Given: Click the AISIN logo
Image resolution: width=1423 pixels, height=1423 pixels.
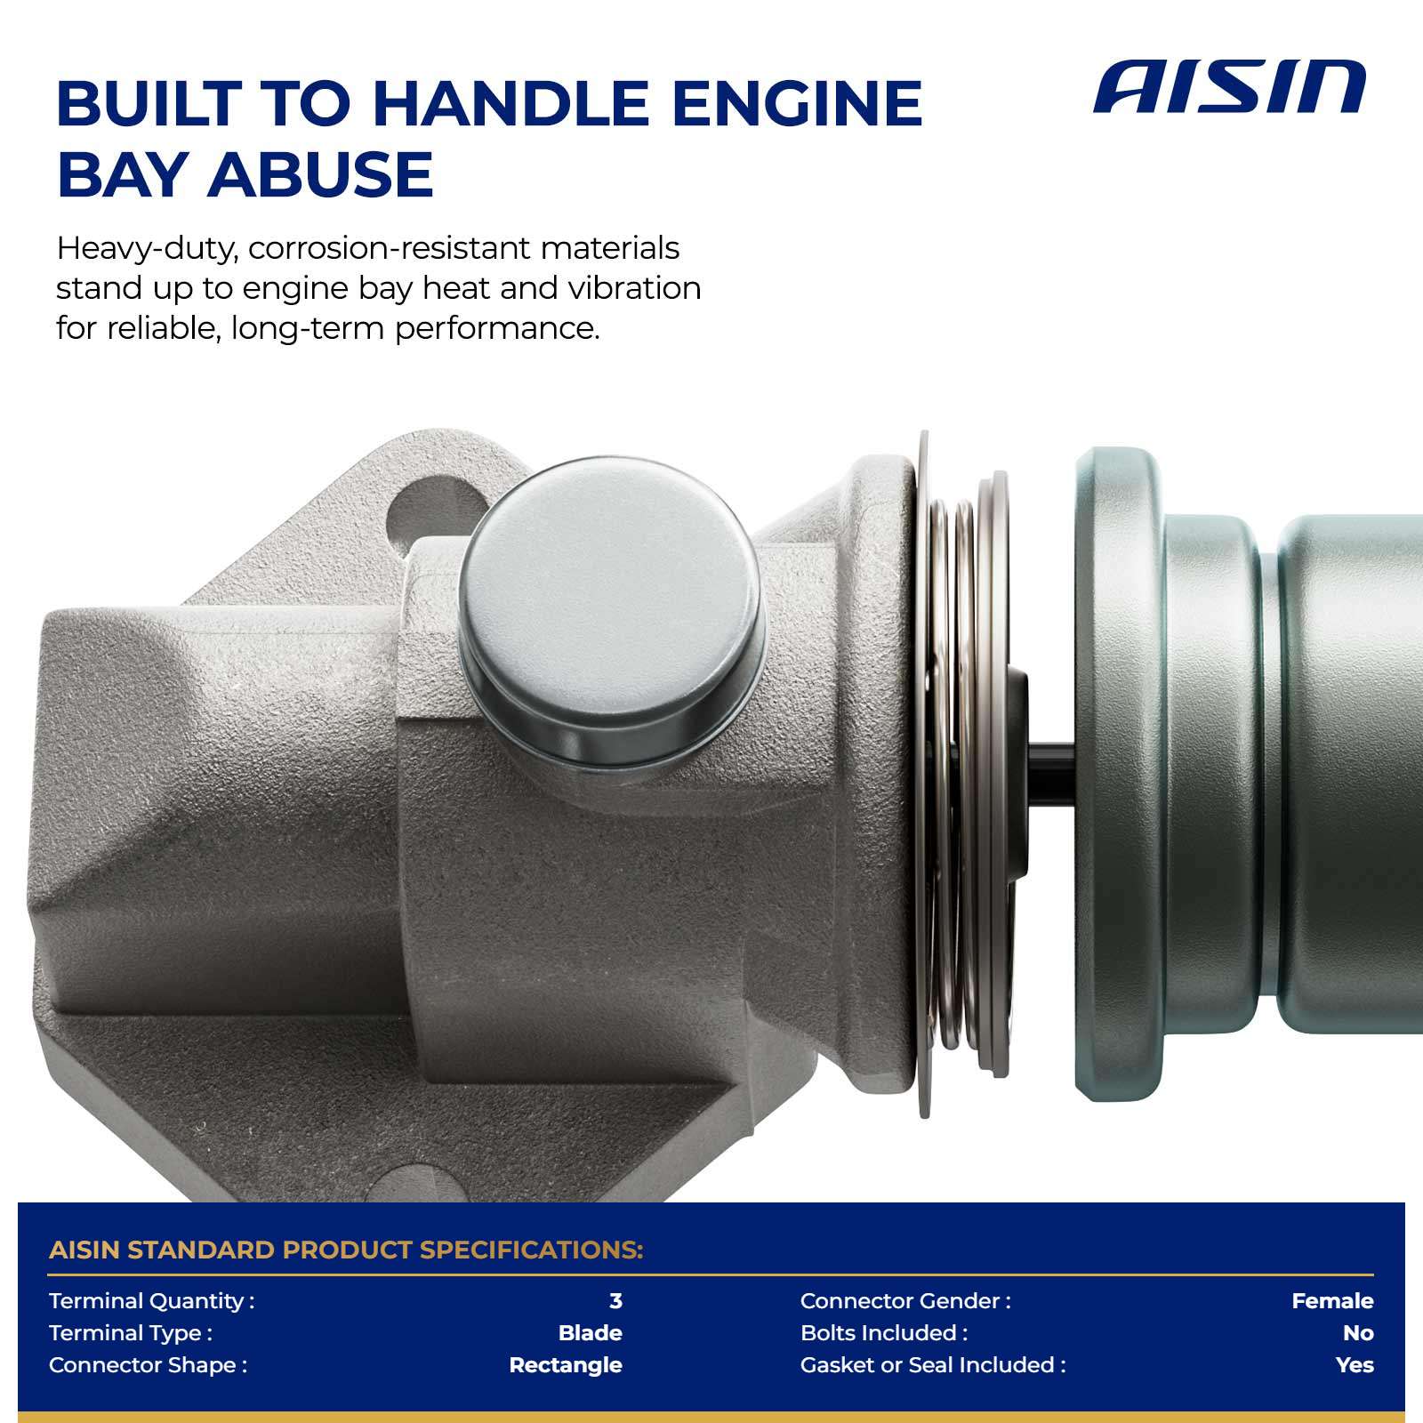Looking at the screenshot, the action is pos(1229,87).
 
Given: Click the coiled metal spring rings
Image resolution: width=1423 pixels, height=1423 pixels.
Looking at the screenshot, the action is pos(965,774).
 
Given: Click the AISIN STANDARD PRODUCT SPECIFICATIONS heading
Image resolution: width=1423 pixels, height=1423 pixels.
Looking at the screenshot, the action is pos(346,1250).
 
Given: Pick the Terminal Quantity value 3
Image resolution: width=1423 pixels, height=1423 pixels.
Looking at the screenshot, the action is pos(615,1301).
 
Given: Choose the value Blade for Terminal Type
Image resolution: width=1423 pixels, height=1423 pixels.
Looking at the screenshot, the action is pos(590,1333).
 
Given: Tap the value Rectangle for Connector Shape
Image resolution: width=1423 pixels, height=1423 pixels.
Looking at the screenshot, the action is pos(566,1365).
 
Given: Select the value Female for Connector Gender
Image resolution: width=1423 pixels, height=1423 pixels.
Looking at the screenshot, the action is pos(1332,1301).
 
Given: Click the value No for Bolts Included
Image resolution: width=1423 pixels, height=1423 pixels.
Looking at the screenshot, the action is pos(1358,1333).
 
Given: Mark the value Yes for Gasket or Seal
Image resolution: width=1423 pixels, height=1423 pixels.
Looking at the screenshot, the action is pos(1355,1365).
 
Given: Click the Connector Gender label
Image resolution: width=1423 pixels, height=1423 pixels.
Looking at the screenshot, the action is pos(905,1301).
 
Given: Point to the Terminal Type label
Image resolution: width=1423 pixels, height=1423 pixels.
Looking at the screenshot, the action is pos(131,1333).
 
